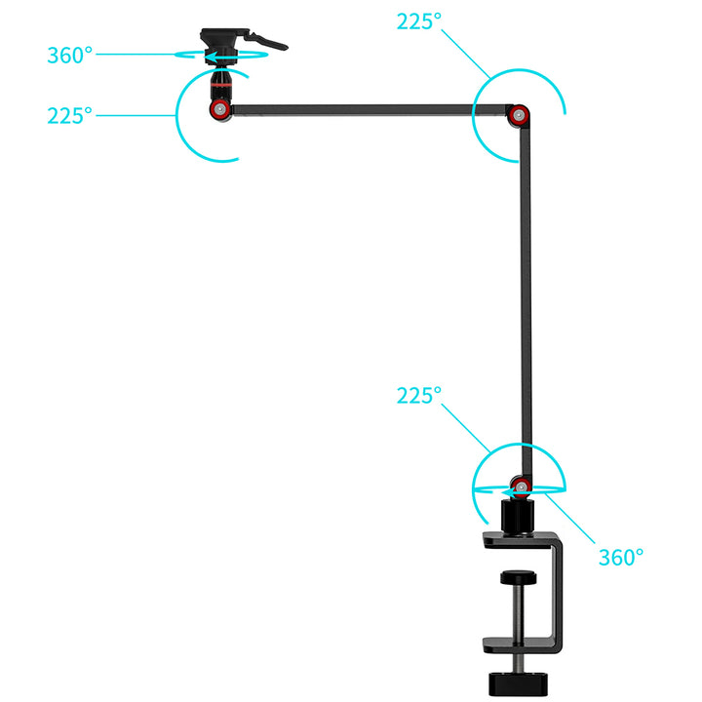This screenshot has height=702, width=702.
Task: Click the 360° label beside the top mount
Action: coord(70,56)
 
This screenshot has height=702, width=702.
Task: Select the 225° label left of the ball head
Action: coord(70,116)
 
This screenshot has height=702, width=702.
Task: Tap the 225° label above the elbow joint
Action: coord(419,21)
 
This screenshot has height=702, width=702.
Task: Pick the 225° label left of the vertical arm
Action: coord(419,396)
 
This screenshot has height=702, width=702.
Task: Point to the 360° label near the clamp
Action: coord(621,558)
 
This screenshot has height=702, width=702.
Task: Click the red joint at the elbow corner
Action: coord(519,115)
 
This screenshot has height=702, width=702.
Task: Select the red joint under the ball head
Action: coord(219,109)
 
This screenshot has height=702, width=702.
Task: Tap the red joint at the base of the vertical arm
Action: coord(521,487)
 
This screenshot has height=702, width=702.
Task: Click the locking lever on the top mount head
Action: coord(267,41)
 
